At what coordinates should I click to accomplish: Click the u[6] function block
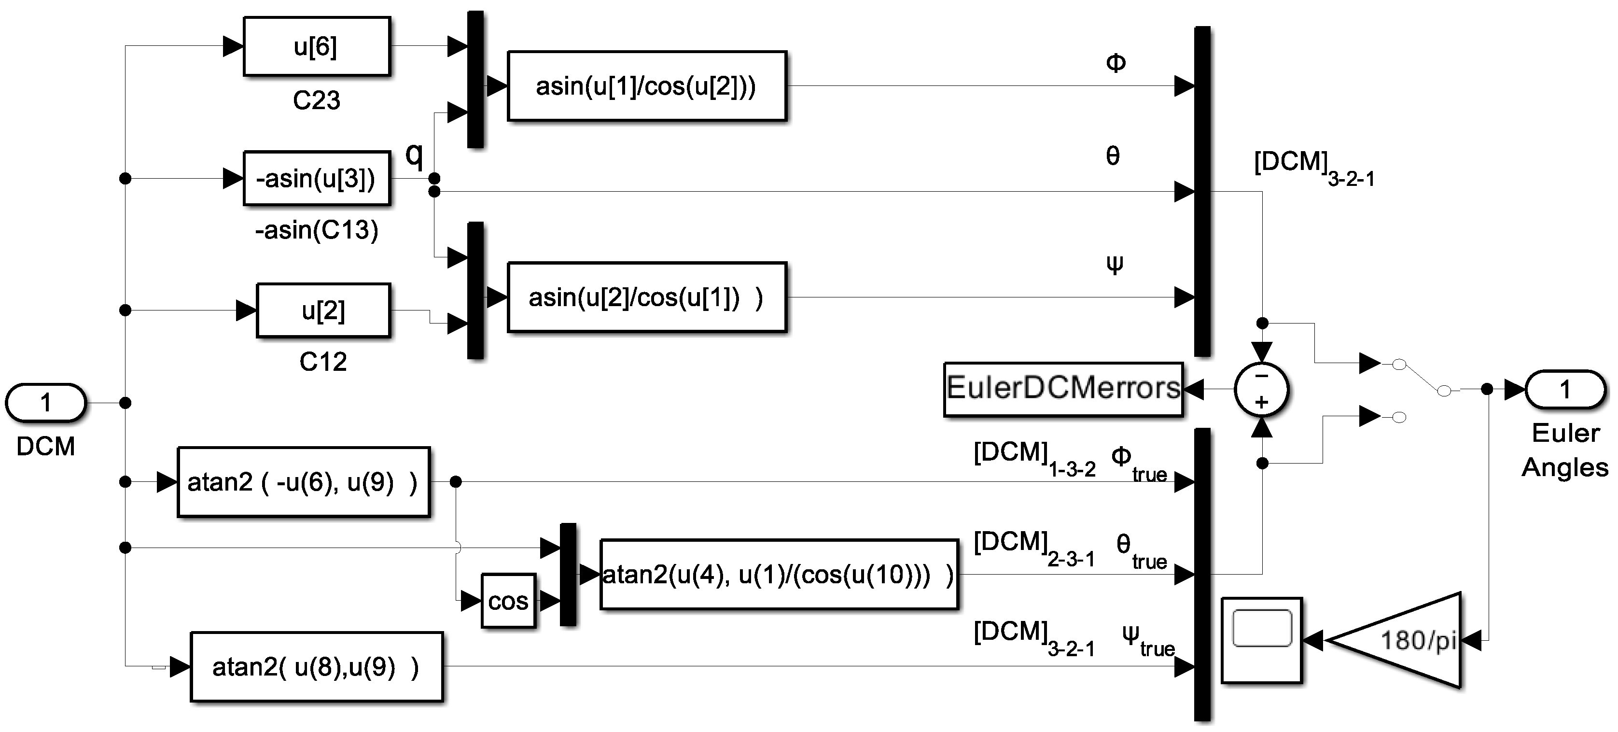click(317, 46)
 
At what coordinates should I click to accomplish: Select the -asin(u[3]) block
click(317, 179)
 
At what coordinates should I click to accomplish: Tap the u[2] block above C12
click(323, 310)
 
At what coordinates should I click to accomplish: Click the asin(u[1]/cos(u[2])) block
click(646, 86)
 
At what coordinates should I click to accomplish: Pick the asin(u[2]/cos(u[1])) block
click(646, 297)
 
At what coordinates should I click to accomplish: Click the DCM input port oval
click(45, 403)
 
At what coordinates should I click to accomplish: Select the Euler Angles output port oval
click(1565, 390)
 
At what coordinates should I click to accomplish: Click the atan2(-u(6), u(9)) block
click(303, 482)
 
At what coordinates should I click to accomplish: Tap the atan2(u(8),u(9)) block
click(317, 667)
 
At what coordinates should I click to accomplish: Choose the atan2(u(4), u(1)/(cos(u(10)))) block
click(779, 574)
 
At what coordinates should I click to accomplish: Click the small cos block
click(508, 601)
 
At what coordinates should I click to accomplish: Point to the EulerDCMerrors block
click(1063, 389)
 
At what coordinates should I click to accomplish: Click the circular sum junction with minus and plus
click(1261, 390)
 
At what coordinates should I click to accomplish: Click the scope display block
click(1261, 641)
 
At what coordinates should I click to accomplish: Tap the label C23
click(317, 100)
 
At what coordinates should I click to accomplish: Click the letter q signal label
click(414, 154)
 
